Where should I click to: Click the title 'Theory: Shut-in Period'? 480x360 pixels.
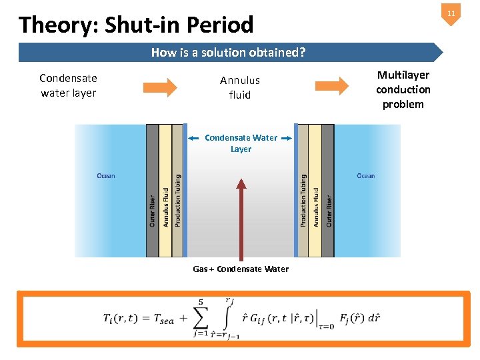pyautogui.click(x=136, y=25)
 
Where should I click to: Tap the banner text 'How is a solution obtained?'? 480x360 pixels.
pyautogui.click(x=228, y=52)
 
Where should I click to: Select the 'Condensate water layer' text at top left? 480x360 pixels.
pyautogui.click(x=68, y=86)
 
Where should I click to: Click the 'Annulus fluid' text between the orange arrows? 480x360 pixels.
pyautogui.click(x=240, y=87)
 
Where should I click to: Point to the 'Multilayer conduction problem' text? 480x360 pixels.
pyautogui.click(x=403, y=89)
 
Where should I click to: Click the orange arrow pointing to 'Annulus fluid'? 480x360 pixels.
pyautogui.click(x=159, y=87)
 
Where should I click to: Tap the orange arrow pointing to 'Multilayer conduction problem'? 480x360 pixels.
pyautogui.click(x=331, y=86)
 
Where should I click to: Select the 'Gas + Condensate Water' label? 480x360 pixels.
pyautogui.click(x=241, y=269)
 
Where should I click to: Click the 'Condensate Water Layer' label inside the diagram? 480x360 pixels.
pyautogui.click(x=241, y=143)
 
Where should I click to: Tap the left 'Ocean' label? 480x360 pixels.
pyautogui.click(x=106, y=176)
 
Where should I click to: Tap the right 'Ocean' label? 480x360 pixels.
pyautogui.click(x=365, y=176)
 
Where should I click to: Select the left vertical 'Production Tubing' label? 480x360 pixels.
pyautogui.click(x=177, y=200)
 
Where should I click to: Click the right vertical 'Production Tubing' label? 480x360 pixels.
pyautogui.click(x=303, y=200)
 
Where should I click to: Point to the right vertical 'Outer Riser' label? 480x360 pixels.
pyautogui.click(x=329, y=210)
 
